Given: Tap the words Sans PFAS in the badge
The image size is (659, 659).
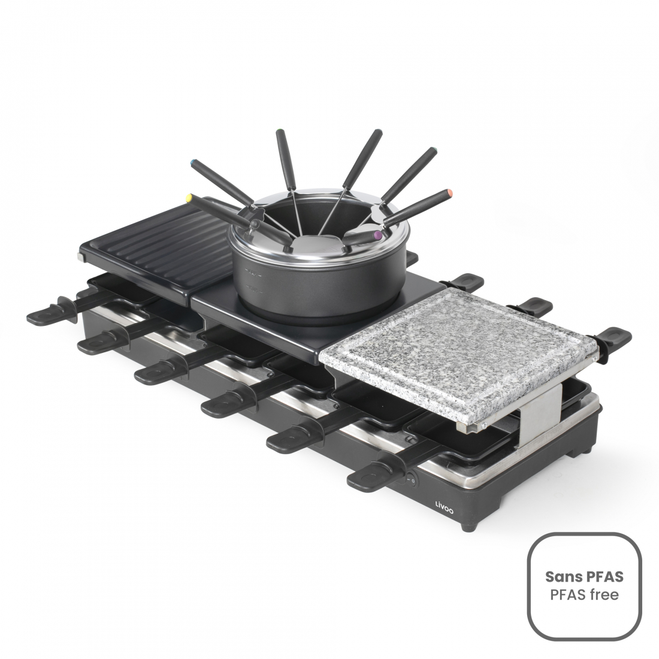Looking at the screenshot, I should click(x=584, y=576).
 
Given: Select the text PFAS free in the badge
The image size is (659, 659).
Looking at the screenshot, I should click(x=584, y=595).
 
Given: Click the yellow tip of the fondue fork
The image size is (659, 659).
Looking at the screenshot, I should click(x=191, y=197).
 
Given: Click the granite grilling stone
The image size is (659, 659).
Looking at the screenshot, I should click(x=455, y=359).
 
